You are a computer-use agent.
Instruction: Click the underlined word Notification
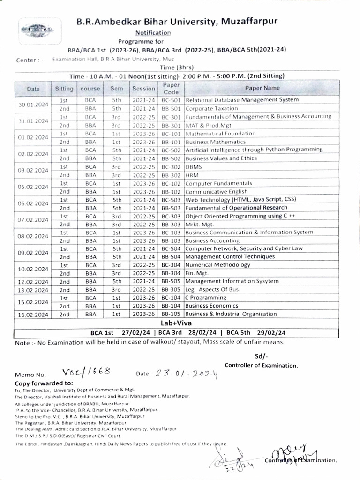click(x=153, y=32)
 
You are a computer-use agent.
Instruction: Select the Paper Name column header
click(x=262, y=88)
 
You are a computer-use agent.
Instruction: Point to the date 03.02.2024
click(x=33, y=171)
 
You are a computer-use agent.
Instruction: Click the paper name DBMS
click(x=194, y=166)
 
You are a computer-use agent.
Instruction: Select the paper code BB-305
click(x=171, y=290)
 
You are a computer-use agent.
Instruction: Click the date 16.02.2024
click(x=33, y=315)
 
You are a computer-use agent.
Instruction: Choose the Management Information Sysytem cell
click(x=232, y=281)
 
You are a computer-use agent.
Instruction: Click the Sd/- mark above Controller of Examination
click(x=260, y=356)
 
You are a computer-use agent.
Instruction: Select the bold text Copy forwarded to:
click(x=44, y=383)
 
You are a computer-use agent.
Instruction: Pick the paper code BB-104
click(x=171, y=306)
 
